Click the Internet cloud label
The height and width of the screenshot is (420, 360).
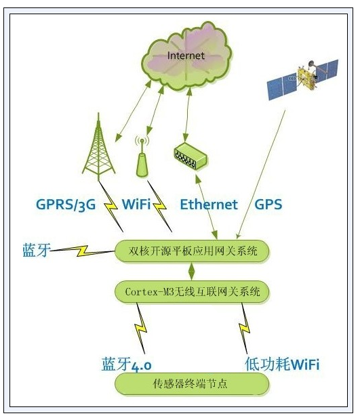click(x=186, y=56)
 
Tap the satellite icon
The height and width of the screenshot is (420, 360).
click(x=303, y=79)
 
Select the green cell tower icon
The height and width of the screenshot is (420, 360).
click(x=99, y=146)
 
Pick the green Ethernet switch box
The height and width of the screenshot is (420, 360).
click(x=191, y=156)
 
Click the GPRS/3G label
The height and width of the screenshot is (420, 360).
click(x=66, y=205)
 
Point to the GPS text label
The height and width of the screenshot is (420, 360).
click(x=268, y=205)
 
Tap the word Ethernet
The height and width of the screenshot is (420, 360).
click(x=209, y=205)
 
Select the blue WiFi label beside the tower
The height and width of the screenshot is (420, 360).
click(x=136, y=204)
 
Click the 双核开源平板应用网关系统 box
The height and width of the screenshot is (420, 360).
click(x=192, y=251)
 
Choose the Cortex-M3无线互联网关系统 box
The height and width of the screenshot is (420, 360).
click(x=192, y=292)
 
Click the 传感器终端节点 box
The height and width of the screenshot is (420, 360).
click(x=192, y=383)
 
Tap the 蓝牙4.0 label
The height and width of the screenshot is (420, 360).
click(x=127, y=364)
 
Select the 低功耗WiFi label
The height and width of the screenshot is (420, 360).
click(x=282, y=364)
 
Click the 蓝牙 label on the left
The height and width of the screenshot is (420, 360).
click(x=36, y=250)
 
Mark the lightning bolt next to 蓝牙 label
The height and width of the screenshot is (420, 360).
click(x=83, y=251)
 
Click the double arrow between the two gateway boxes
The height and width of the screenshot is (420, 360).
click(x=191, y=272)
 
